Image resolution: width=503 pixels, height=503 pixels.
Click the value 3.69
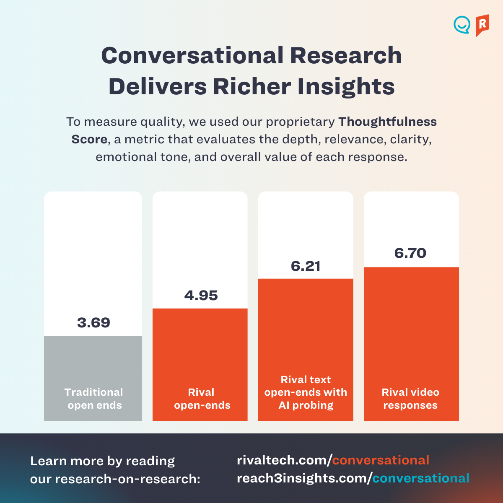point(93,323)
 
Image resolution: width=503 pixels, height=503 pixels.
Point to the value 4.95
point(201,296)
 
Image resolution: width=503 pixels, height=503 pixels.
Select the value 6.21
point(306,266)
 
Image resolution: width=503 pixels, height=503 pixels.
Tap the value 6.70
point(410,253)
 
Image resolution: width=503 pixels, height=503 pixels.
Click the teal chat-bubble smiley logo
point(462,25)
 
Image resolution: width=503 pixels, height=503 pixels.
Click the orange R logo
point(482,25)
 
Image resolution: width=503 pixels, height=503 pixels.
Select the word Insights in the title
point(346,87)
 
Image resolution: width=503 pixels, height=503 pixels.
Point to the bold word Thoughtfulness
point(387,122)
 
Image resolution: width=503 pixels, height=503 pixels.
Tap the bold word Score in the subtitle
point(89,140)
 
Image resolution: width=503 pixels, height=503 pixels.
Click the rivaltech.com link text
point(284,460)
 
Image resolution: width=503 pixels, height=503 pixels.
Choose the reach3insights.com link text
point(304,478)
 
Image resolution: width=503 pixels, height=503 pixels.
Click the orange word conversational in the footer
point(381,460)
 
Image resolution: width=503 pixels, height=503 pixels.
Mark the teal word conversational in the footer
point(420,478)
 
